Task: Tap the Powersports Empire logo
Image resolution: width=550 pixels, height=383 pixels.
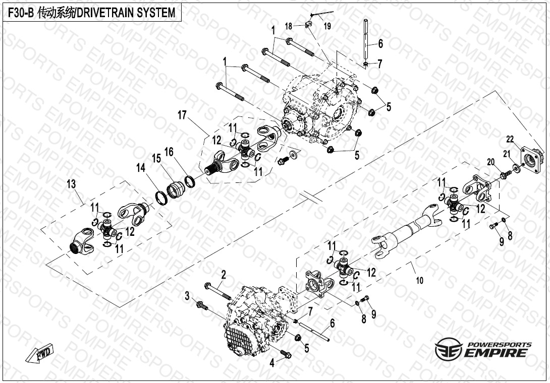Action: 483,349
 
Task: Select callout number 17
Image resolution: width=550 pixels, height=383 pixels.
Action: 182,116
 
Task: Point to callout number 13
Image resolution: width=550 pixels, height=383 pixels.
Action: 71,185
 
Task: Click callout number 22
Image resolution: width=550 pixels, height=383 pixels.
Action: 510,139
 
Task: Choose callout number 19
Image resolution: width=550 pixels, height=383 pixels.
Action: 327,27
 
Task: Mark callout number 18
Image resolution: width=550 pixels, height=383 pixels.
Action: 289,26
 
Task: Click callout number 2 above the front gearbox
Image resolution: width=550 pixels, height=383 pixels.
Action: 223,274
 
